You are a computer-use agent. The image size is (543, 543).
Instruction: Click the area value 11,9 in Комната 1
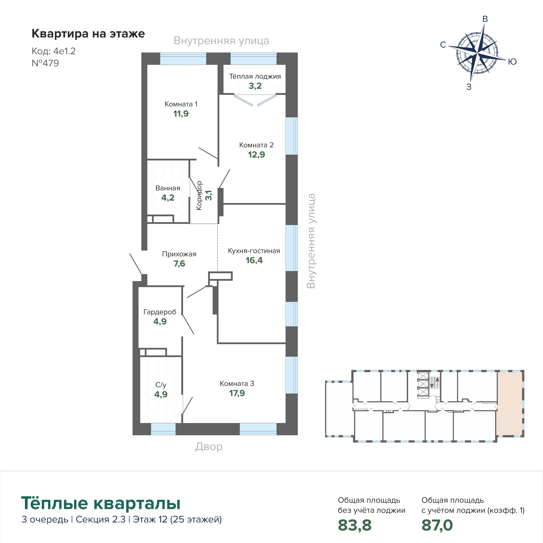[181, 114]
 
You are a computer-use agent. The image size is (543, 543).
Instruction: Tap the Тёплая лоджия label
[255, 76]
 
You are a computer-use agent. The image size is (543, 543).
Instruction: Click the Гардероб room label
[160, 312]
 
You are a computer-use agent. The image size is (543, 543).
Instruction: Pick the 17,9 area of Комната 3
[237, 393]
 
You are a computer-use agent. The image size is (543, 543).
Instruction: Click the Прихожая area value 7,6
[179, 264]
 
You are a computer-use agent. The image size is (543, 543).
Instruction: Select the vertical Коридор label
[199, 195]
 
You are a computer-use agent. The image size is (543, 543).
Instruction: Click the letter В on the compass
[485, 19]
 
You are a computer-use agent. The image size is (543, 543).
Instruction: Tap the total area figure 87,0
[437, 525]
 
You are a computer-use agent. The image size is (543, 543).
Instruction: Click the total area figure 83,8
[355, 525]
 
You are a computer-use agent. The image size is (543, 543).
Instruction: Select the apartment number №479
[45, 63]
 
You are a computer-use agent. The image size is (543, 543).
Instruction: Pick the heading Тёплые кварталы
[101, 503]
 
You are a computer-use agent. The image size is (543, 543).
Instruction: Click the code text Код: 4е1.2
[54, 51]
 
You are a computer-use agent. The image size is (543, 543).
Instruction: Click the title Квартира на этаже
[88, 34]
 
